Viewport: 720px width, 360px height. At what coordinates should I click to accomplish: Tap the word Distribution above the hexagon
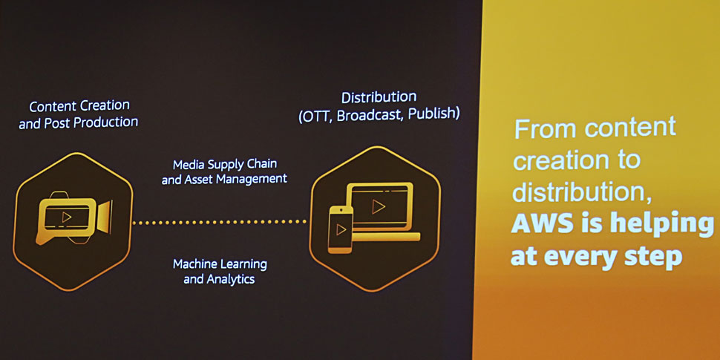[379, 97]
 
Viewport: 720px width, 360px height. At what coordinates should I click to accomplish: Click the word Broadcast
[369, 115]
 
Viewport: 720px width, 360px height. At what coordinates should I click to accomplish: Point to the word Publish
[433, 113]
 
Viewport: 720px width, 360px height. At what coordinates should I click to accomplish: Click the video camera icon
[73, 217]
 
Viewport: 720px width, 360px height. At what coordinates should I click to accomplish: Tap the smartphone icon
[340, 229]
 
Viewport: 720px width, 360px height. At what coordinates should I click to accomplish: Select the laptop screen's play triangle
[379, 206]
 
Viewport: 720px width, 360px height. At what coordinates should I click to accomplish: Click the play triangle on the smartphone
[341, 229]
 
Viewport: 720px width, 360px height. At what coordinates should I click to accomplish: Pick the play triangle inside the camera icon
[67, 217]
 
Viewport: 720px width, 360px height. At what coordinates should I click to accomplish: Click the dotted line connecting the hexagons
[220, 222]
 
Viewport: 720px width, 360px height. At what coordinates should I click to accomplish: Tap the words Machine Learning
[220, 264]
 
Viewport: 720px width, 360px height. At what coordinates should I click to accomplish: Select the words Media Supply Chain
[225, 164]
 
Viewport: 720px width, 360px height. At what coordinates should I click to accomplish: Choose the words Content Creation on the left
[79, 106]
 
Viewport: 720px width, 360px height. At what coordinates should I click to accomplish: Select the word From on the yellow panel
[546, 129]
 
